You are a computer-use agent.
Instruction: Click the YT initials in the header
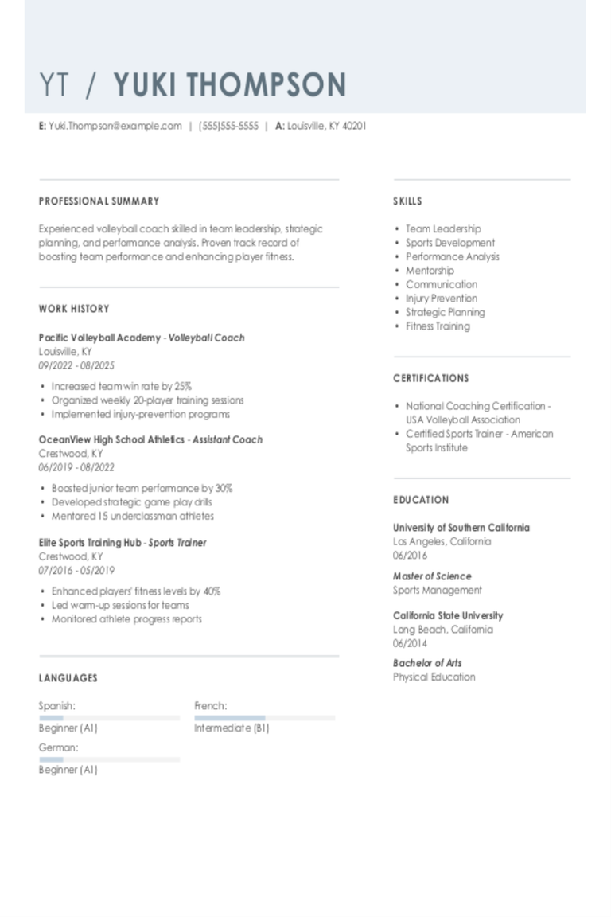[54, 84]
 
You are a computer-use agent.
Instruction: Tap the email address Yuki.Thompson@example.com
[115, 126]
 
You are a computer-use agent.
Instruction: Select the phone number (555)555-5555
[228, 126]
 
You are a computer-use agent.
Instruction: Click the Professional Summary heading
[99, 201]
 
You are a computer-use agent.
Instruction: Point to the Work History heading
[74, 309]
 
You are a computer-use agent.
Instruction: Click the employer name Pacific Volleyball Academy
[99, 338]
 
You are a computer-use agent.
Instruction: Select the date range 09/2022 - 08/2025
[76, 366]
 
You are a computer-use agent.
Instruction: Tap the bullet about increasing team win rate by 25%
[121, 386]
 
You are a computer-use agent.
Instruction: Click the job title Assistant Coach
[228, 439]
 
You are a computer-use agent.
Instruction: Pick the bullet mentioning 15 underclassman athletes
[132, 516]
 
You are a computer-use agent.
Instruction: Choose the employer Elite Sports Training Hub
[90, 543]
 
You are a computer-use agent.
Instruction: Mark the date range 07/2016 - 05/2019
[76, 571]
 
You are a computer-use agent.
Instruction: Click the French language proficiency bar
[264, 718]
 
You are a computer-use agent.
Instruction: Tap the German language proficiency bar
[109, 759]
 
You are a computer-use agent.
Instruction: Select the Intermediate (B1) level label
[232, 728]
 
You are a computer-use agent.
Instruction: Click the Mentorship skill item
[430, 271]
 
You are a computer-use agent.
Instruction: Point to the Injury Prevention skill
[442, 299]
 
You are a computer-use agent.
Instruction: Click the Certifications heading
[431, 378]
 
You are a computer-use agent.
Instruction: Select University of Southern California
[461, 528]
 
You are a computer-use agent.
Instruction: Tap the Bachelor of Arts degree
[427, 663]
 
